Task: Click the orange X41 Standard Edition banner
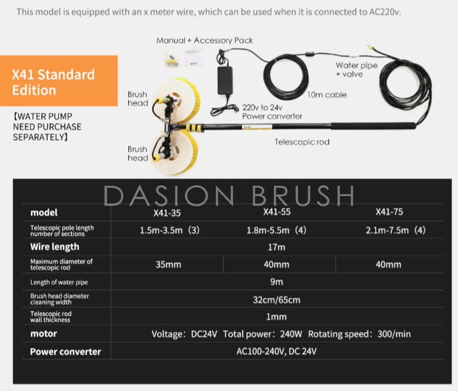(x=58, y=81)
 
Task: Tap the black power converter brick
(x=225, y=80)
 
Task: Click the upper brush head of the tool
(x=175, y=101)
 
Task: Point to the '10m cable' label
(x=327, y=95)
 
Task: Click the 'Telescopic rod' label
(x=302, y=142)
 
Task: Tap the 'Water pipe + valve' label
(x=356, y=69)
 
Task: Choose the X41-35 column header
(x=167, y=213)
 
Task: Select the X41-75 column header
(x=389, y=212)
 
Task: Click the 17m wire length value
(x=276, y=247)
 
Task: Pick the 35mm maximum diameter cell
(x=168, y=265)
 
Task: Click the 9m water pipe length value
(x=276, y=282)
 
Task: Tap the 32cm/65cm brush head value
(x=276, y=300)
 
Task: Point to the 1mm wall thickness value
(x=276, y=317)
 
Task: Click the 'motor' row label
(x=44, y=334)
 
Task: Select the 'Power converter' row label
(x=65, y=352)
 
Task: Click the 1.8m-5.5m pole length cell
(x=276, y=230)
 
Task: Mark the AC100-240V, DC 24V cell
(x=276, y=351)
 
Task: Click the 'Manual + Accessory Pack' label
(x=205, y=41)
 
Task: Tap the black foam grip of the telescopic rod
(x=374, y=126)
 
